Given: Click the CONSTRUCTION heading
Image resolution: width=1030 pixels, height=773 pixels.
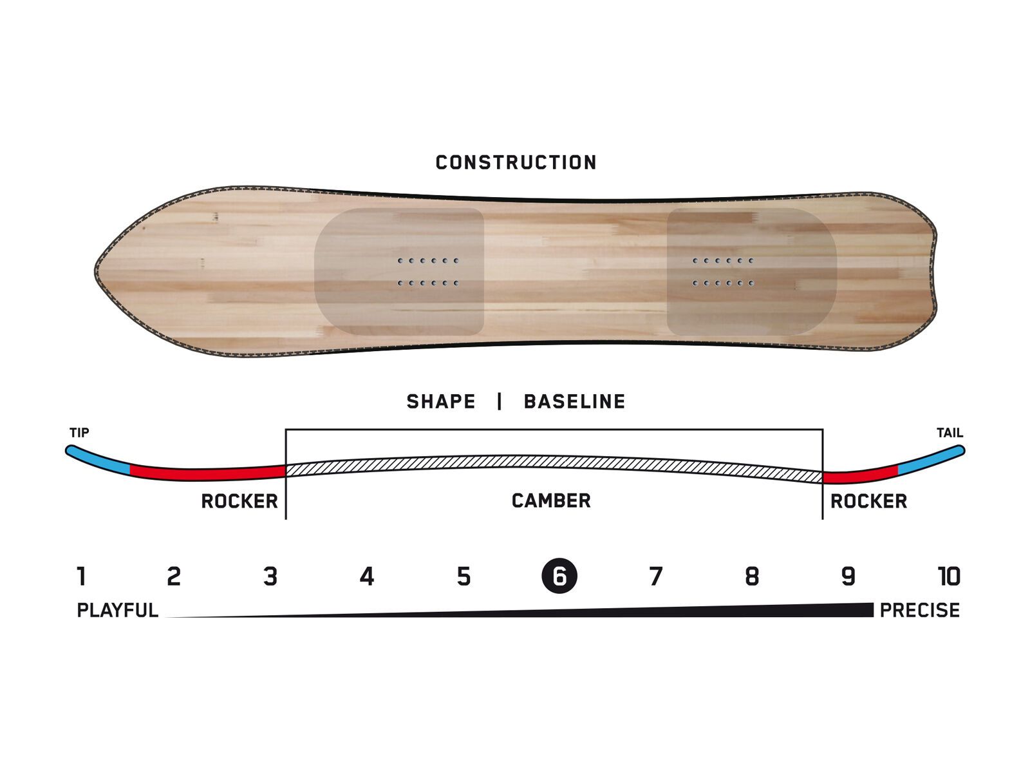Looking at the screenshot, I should pos(516,162).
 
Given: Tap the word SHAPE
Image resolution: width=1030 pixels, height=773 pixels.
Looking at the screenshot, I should pos(441,402).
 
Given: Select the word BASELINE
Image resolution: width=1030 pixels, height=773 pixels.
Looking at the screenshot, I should pos(574,402).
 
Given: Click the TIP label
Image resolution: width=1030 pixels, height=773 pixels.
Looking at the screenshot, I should pos(79,433).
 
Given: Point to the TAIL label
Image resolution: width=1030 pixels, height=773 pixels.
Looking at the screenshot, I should pos(950,433).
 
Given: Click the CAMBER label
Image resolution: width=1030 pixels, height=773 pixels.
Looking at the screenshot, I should pos(551,501).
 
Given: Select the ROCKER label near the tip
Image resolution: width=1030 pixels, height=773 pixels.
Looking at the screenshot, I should pos(239,501).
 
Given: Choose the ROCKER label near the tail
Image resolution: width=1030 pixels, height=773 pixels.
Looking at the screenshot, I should pos(868,501).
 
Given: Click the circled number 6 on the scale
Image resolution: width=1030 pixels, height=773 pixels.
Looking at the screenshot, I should pos(559,576).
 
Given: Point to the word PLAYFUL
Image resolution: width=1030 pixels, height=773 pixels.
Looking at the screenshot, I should pos(117,610).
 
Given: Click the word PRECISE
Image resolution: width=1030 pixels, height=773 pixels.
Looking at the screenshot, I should pos(919,610).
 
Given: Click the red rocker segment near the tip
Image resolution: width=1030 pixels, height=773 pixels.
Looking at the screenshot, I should pos(206,473).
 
